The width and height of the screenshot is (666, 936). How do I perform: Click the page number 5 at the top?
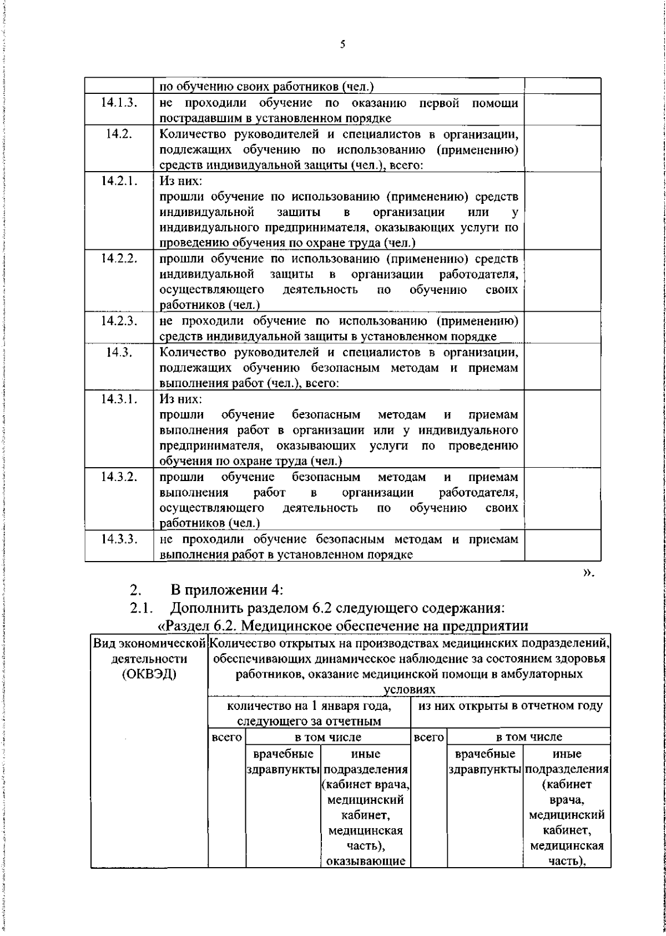342,44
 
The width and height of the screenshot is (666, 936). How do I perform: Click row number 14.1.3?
119,103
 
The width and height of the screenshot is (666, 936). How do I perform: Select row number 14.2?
119,134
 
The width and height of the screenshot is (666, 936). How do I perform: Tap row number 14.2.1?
119,181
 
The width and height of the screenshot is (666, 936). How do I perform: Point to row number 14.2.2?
119,259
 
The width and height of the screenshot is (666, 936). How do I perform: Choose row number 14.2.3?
119,321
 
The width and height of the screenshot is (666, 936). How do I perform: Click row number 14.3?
119,352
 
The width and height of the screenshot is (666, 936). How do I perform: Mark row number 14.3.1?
119,399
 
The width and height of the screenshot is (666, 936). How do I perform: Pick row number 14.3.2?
119,477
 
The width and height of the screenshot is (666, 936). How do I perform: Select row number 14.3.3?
119,539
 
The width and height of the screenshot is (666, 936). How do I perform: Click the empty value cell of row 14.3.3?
562,547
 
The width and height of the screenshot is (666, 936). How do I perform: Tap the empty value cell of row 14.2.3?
562,328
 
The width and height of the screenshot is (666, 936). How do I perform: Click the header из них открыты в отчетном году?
509,706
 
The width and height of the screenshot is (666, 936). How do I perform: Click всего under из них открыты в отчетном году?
428,738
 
